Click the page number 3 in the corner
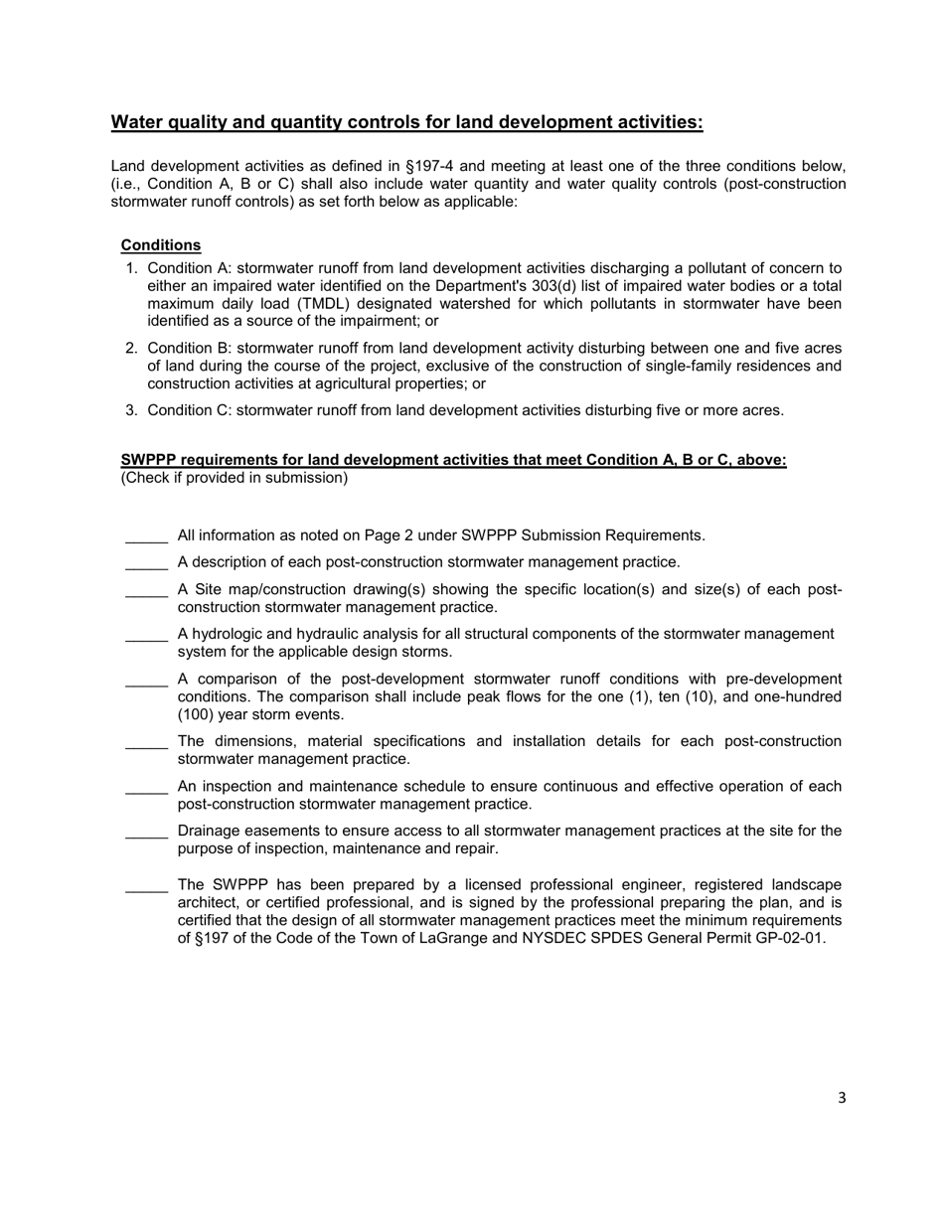(842, 1098)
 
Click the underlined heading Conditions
(161, 245)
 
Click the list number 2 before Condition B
(131, 349)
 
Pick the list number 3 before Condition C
(131, 410)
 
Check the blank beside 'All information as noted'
(146, 536)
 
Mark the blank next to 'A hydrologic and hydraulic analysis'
(146, 635)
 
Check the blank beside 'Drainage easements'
(146, 832)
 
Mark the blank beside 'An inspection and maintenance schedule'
(146, 787)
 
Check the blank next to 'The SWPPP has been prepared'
(146, 885)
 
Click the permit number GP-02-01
(787, 939)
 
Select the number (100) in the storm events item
(197, 715)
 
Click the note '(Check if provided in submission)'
(235, 479)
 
